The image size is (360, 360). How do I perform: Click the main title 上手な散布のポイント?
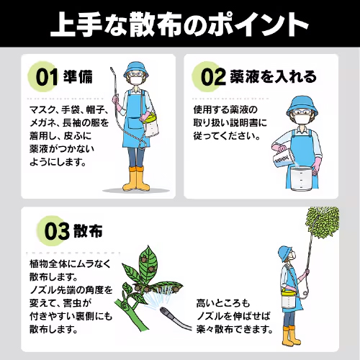(x=180, y=24)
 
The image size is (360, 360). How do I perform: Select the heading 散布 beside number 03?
(x=87, y=233)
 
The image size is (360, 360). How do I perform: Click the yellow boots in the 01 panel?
(x=135, y=179)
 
